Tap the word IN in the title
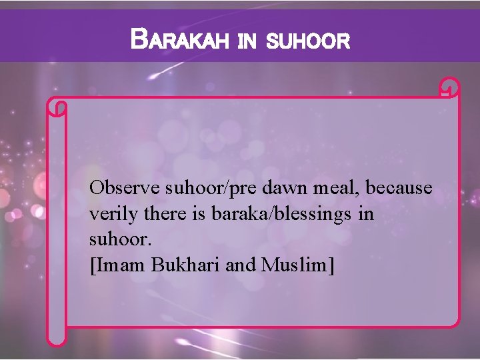247,43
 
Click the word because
399,188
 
